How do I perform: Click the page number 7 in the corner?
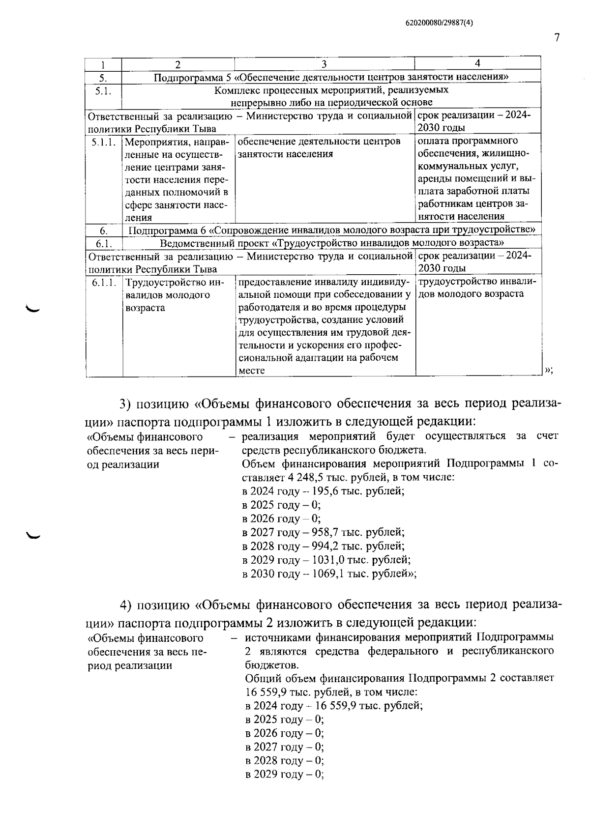[x=557, y=38]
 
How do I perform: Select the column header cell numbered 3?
[x=324, y=64]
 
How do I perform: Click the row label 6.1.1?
[x=104, y=283]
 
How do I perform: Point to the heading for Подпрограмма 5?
[x=330, y=77]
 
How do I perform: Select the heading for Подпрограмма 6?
[x=331, y=230]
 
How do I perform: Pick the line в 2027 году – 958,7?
[x=323, y=532]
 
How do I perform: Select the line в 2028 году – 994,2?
[x=323, y=546]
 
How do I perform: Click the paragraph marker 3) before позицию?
[x=126, y=404]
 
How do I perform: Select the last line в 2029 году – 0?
[x=284, y=775]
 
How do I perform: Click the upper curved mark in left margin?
[x=34, y=309]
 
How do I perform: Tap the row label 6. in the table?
[x=104, y=230]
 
